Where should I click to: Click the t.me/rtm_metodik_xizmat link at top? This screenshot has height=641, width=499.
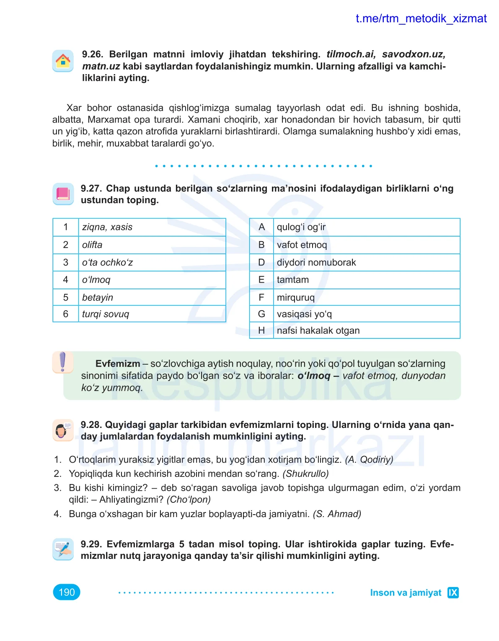(421, 18)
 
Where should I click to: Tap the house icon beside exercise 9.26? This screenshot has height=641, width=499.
(63, 61)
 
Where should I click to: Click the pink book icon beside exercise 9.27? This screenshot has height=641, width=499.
(63, 194)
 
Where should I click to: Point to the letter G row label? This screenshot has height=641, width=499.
(261, 314)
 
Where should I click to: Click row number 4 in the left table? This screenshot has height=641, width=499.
(66, 280)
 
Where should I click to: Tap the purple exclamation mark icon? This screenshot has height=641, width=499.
(62, 362)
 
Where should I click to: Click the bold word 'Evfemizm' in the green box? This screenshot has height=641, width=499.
(118, 363)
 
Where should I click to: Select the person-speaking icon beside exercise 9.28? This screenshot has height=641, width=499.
(63, 430)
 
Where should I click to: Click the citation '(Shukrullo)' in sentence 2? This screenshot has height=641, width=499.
(305, 474)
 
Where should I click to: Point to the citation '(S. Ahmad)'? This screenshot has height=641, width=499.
(337, 514)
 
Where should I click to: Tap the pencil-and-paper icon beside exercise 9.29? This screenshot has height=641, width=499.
(63, 549)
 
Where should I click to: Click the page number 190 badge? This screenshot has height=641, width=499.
(67, 592)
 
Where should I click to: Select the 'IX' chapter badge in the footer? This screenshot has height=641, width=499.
(453, 592)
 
